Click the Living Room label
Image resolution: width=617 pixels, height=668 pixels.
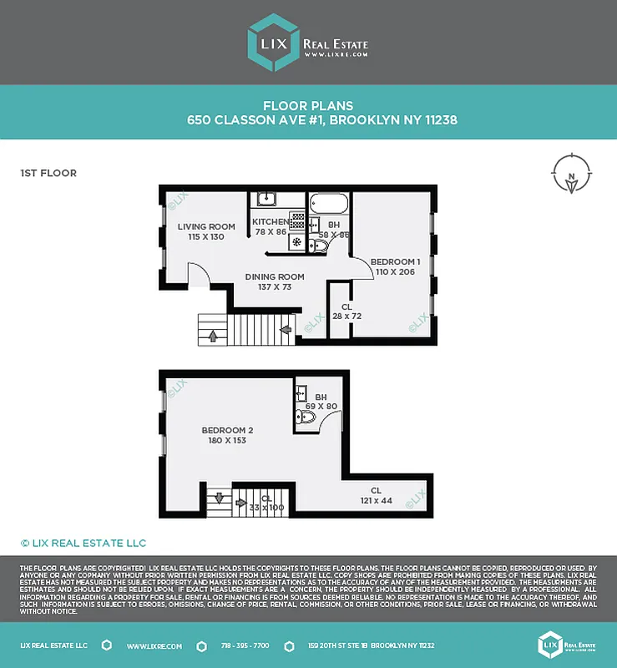point(206,226)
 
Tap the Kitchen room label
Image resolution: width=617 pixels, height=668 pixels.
point(270,221)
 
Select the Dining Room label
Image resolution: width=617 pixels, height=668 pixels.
point(274,276)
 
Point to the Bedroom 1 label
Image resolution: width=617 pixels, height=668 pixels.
point(395,261)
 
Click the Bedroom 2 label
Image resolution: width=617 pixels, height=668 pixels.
point(227,430)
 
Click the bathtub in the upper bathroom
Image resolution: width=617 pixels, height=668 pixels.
point(329,203)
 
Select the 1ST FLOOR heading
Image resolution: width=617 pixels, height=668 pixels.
point(48,174)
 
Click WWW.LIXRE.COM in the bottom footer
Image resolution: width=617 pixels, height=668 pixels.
point(150,645)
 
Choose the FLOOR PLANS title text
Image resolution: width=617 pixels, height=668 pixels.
point(308,106)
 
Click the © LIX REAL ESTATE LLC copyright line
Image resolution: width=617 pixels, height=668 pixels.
point(83,543)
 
